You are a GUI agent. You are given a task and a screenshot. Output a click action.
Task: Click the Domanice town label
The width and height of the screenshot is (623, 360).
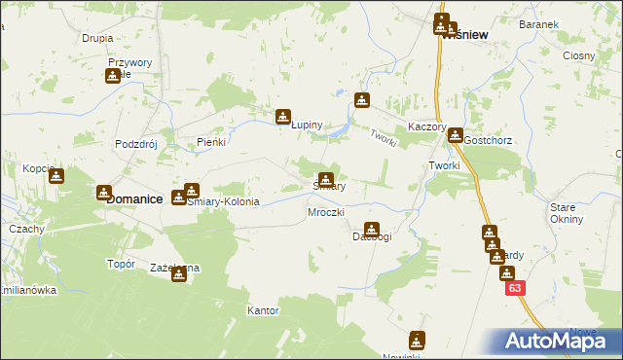point(133,198)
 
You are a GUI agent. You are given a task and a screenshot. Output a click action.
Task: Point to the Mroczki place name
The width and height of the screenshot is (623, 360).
point(326,212)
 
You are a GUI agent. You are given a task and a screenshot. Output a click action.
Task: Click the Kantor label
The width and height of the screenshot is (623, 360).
point(263,311)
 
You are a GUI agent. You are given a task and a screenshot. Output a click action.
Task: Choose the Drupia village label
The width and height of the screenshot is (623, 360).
point(97,38)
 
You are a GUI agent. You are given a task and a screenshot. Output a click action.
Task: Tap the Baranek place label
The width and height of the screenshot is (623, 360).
point(565,23)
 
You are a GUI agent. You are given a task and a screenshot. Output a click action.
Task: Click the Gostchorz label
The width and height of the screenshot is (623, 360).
point(488,140)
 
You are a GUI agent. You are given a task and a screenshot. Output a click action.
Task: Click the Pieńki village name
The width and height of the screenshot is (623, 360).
point(211,142)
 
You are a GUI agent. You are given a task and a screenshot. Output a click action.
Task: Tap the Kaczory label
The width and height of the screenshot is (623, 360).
point(427,127)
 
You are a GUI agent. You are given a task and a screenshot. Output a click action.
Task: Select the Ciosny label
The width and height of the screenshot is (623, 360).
point(578,55)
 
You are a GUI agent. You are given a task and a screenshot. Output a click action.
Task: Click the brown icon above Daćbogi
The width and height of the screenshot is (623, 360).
point(370,229)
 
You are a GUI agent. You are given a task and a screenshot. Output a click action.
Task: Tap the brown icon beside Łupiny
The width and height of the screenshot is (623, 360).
point(283,117)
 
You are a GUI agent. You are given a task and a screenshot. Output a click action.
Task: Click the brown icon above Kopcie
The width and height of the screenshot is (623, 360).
point(56,176)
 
